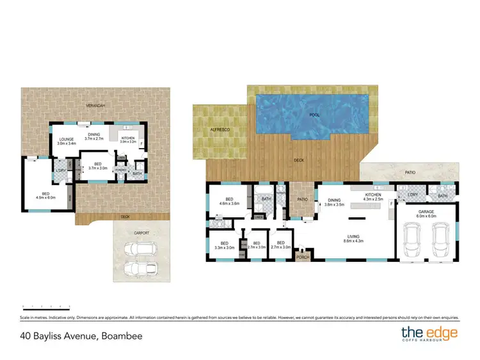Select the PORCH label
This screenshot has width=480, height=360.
303,258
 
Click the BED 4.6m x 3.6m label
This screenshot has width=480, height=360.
229,200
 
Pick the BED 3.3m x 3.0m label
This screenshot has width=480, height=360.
225,245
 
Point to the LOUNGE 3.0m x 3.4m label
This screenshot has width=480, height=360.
67,141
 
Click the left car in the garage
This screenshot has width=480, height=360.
412,240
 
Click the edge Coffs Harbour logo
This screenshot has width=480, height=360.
428,333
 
